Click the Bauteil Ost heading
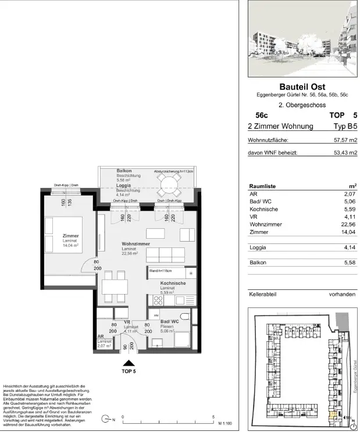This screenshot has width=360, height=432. click(x=302, y=87)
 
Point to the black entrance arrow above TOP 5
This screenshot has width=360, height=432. click(x=129, y=362)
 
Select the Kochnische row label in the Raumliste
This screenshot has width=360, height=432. click(x=264, y=209)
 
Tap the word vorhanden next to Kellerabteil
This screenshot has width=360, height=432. click(x=342, y=294)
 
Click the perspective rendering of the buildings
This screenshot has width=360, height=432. click(x=302, y=38)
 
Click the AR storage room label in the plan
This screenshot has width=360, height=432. click(x=101, y=337)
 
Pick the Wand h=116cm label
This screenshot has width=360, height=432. click(x=160, y=271)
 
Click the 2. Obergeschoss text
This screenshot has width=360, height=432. click(x=302, y=105)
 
